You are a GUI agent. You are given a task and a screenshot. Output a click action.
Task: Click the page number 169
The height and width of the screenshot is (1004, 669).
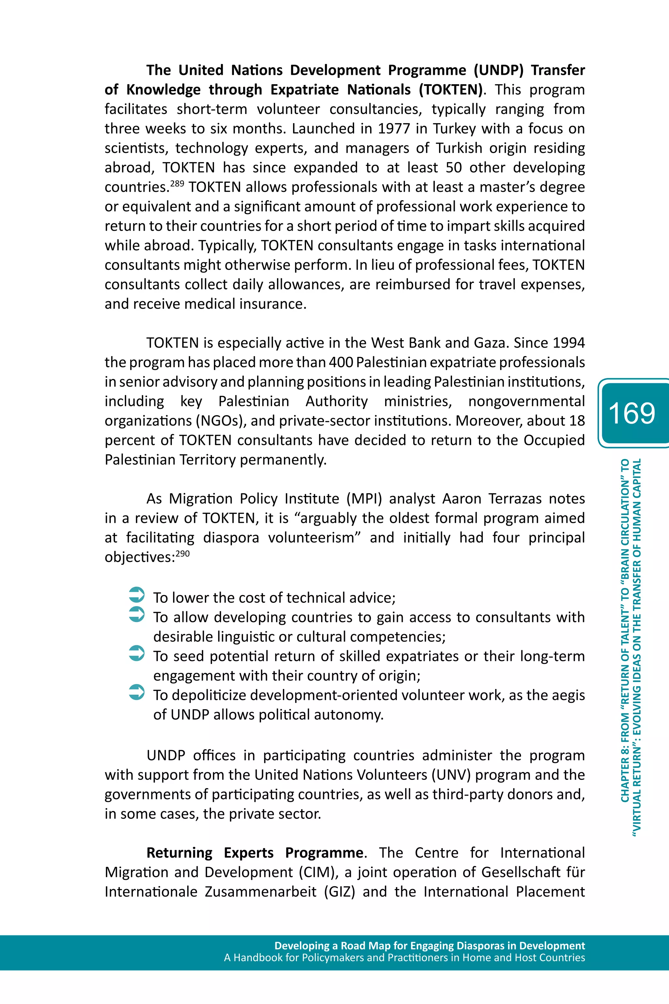[x=631, y=413]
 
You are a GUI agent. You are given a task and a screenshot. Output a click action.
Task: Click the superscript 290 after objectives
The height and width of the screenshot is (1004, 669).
[x=183, y=554]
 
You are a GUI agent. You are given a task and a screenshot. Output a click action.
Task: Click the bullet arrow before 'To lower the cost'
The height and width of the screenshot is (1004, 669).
[x=137, y=595]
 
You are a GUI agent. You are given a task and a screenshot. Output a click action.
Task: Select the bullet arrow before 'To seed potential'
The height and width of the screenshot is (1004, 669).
[x=137, y=653]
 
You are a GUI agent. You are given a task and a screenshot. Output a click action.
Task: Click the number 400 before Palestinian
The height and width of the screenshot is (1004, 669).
[x=340, y=362]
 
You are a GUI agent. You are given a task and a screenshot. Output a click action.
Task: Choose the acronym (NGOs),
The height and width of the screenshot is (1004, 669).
[x=220, y=421]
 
